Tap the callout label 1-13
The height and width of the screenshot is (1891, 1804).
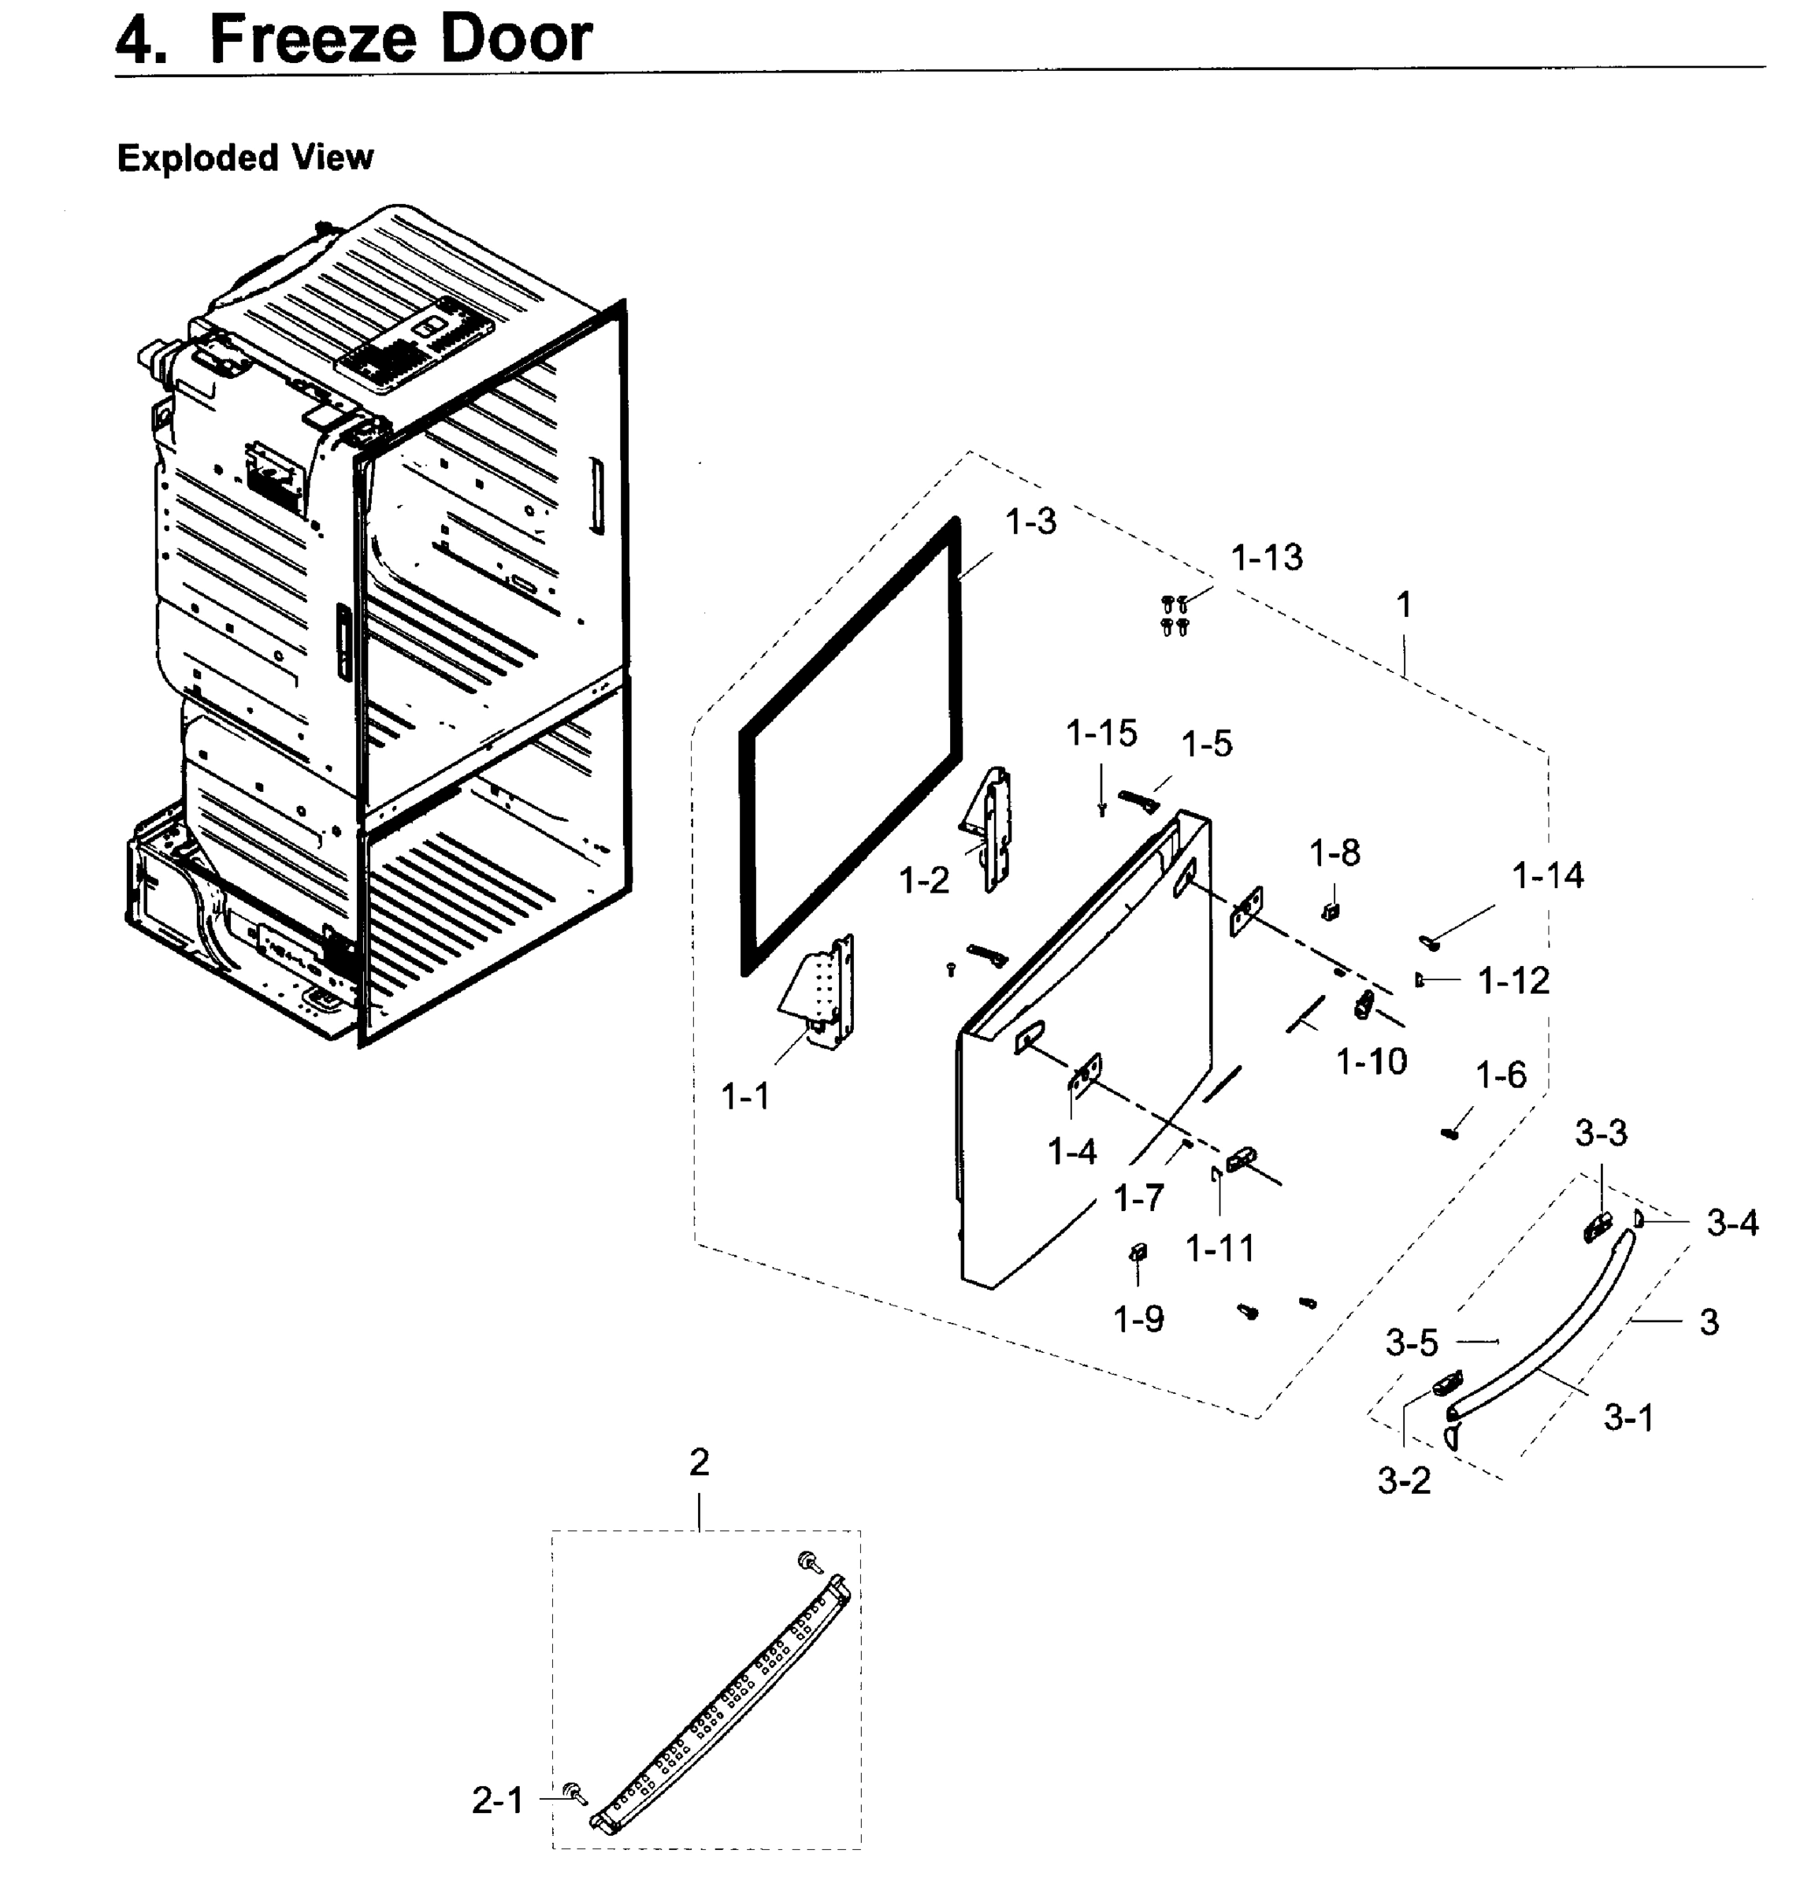pos(1267,558)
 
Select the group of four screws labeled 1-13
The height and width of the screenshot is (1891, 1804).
pos(1174,615)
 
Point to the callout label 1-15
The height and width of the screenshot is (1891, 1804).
pos(1101,733)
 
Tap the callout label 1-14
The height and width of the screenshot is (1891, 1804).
pos(1547,875)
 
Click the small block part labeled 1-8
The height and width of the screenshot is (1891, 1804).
pos(1331,910)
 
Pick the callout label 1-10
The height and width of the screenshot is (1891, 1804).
pos(1372,1062)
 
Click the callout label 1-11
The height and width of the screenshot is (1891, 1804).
pos(1219,1249)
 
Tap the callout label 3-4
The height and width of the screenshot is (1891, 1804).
pos(1732,1223)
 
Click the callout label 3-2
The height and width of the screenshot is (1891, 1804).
pos(1403,1481)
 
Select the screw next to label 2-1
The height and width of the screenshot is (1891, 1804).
pos(576,1791)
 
